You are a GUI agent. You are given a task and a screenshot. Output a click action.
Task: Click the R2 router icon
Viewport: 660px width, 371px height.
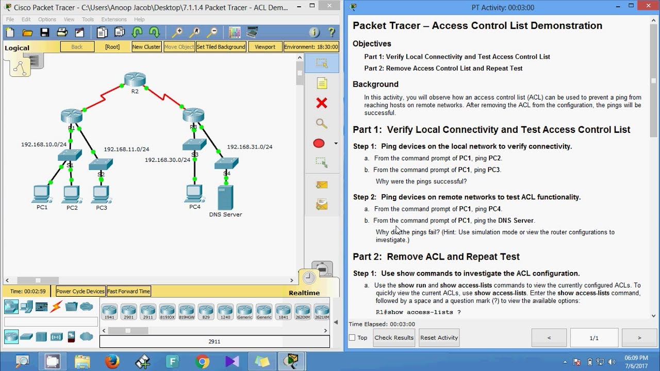click(135, 80)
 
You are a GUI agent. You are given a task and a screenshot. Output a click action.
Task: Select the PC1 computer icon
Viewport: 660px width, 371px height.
click(41, 194)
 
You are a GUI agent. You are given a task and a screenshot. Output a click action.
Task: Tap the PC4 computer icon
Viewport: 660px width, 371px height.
click(194, 193)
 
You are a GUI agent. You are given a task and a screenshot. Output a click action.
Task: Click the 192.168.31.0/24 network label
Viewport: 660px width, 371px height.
click(250, 147)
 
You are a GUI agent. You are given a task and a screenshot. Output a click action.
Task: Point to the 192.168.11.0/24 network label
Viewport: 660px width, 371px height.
click(126, 149)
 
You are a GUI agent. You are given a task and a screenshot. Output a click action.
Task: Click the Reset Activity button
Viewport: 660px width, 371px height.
click(439, 338)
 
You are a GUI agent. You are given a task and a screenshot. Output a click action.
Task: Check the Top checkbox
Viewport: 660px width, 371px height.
click(352, 338)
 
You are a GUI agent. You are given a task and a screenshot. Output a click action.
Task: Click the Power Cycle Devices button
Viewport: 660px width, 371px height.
click(80, 291)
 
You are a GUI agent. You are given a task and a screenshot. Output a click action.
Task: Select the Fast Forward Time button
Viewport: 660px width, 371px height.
click(128, 291)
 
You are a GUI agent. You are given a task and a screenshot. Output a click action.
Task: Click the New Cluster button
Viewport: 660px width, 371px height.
click(146, 47)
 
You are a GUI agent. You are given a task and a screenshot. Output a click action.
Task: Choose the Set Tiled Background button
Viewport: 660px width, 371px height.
click(221, 47)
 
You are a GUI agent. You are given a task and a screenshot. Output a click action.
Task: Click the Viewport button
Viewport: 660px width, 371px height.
click(265, 47)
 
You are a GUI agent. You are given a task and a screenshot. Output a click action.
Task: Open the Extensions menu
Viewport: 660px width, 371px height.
click(114, 20)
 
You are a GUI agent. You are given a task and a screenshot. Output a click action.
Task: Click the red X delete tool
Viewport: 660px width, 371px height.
click(322, 104)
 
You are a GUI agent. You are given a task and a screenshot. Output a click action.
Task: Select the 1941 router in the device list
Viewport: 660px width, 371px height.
click(109, 311)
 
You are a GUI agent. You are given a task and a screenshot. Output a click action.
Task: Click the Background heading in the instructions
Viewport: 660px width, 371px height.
click(375, 84)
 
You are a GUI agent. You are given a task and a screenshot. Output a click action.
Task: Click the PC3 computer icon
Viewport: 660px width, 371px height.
click(101, 194)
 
